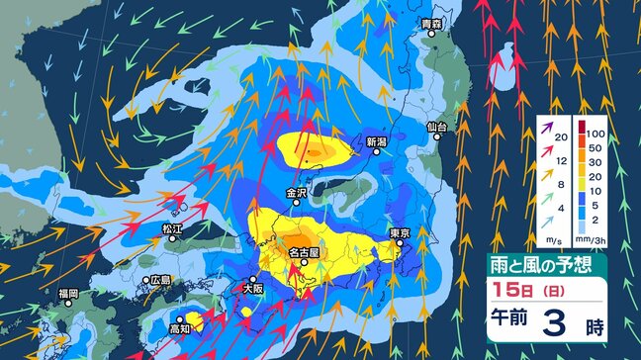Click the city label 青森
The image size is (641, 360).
[429, 23]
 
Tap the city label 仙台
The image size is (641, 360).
[437, 128]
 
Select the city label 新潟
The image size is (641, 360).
[375, 141]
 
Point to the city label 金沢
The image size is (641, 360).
[297, 194]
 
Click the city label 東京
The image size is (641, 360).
[400, 233]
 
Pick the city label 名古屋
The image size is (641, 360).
[303, 253]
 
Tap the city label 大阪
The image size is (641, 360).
[253, 289]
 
